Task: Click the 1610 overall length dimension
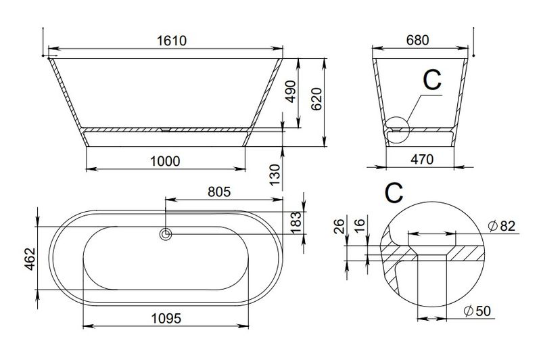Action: pos(172,41)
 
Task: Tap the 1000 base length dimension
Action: pos(165,161)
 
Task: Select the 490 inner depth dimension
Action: pos(291,91)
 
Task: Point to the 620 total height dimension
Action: pos(316,99)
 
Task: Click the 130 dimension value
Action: pos(275,175)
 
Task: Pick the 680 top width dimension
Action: pos(417,41)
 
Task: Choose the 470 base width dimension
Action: pos(422,160)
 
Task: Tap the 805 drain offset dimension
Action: pos(219,192)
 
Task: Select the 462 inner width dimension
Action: pos(30,258)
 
